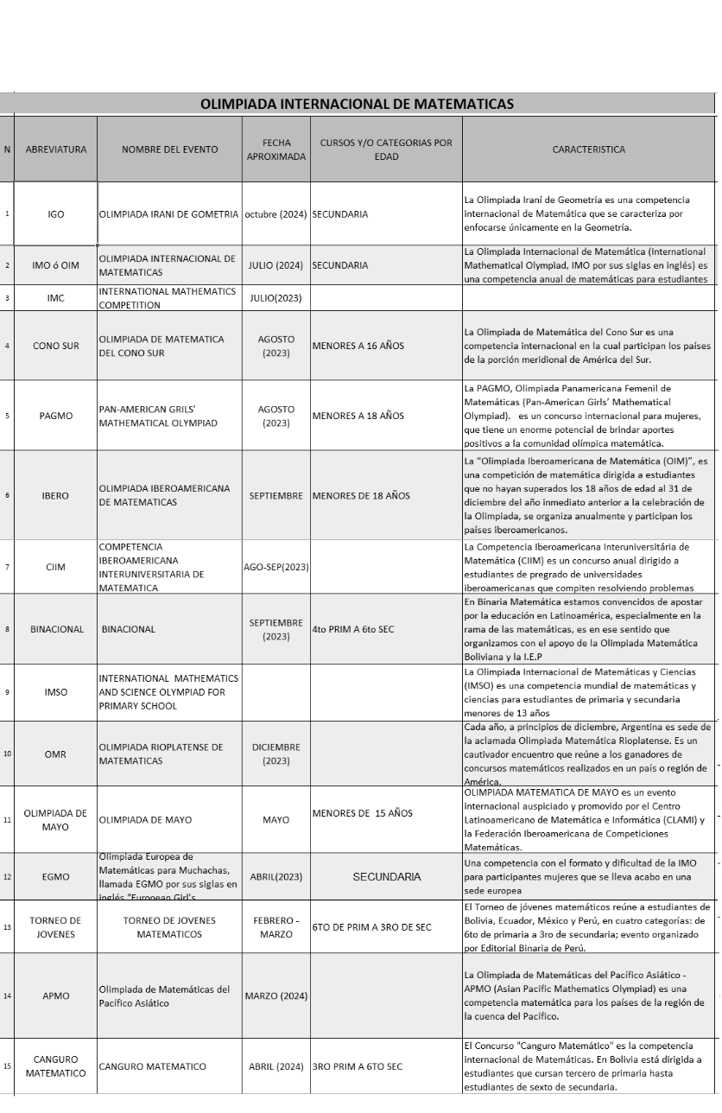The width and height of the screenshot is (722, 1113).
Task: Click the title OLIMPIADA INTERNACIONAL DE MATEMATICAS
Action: (x=358, y=104)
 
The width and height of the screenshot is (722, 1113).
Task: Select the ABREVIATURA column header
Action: (x=56, y=149)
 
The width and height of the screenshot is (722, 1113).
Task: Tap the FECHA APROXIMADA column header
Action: (x=275, y=149)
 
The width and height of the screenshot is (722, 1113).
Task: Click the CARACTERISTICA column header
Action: (x=588, y=149)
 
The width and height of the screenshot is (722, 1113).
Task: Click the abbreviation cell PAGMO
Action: (x=56, y=415)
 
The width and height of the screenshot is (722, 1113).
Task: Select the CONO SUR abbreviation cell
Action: (x=56, y=346)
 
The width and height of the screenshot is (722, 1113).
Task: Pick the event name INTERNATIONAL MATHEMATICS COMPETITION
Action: (x=168, y=297)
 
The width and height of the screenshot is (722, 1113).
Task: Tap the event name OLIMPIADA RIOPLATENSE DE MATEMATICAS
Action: (x=168, y=753)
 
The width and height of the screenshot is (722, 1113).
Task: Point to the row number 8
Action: (x=7, y=629)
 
